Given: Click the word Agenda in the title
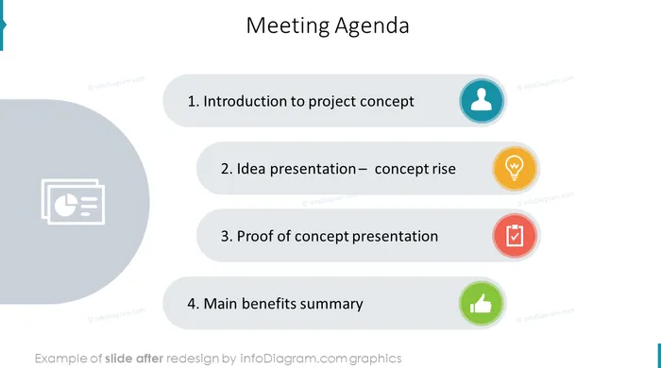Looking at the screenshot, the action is coord(372,26).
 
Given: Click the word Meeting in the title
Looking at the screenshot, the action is coord(287,25).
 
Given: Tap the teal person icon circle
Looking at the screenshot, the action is coord(482,101).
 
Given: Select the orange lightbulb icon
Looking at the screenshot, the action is coord(515,168).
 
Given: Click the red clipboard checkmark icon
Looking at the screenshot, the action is coord(515,236).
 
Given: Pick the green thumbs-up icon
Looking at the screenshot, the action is coord(482,303).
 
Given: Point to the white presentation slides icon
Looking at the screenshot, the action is coord(73,202).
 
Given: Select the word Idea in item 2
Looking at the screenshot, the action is coord(251,169).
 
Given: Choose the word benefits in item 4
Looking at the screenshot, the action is coord(268,304).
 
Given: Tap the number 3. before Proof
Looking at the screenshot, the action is coord(227,236).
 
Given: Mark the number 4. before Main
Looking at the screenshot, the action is coord(194,304).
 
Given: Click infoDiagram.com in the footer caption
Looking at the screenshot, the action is coord(294,359).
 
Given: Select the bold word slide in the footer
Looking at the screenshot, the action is coord(118,359).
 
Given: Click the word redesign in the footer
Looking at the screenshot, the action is coord(193,359).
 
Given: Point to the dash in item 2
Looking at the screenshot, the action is coord(363,169).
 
